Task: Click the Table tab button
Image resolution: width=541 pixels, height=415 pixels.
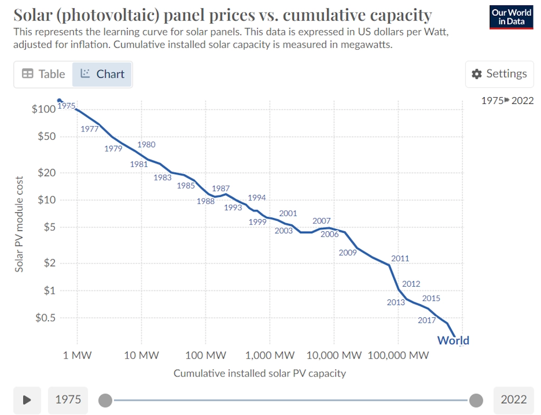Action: click(43, 74)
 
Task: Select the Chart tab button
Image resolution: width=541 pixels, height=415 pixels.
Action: click(102, 74)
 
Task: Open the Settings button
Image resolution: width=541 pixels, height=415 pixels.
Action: click(499, 74)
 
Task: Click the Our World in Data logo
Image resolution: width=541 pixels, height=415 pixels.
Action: click(511, 17)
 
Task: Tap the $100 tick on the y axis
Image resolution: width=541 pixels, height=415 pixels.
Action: click(43, 109)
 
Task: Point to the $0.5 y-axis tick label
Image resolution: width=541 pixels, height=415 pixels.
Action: click(45, 318)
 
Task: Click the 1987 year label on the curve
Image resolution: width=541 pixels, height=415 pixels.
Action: click(220, 188)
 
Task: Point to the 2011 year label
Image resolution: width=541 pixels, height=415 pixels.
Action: click(400, 259)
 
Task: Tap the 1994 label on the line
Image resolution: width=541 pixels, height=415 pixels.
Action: click(257, 198)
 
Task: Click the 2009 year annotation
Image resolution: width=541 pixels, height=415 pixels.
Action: click(348, 253)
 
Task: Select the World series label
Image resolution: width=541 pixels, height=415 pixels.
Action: click(453, 341)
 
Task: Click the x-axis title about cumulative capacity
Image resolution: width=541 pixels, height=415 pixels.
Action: click(259, 373)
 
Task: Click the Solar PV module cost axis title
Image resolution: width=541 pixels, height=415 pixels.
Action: click(20, 224)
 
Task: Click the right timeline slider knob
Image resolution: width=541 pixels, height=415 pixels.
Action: click(476, 400)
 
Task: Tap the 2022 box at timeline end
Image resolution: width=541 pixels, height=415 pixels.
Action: click(514, 399)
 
